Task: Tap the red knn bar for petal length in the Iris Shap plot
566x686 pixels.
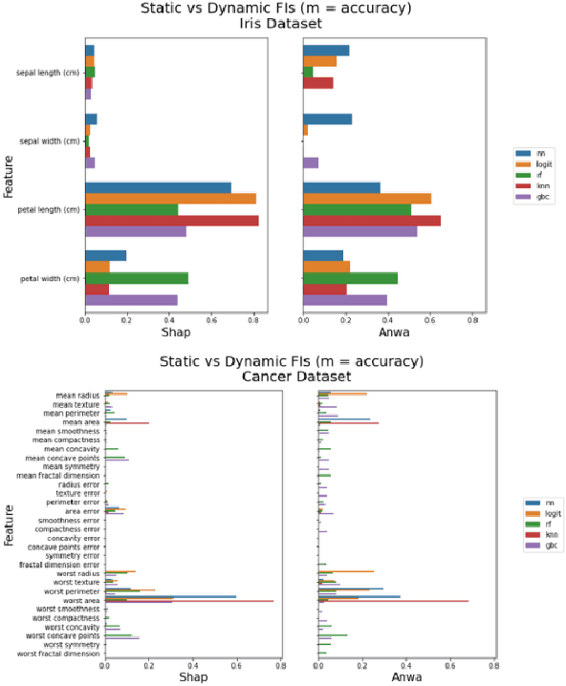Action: (172, 221)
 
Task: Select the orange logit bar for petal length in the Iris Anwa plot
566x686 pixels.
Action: (367, 198)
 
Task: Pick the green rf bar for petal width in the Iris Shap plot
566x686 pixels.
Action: (137, 278)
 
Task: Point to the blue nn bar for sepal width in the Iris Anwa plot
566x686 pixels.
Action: (327, 119)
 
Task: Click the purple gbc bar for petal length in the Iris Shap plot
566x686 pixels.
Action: (136, 231)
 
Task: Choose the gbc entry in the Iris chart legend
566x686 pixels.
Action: (542, 197)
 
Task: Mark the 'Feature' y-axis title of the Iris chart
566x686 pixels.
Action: (9, 178)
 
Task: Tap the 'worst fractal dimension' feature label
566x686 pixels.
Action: (57, 654)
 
